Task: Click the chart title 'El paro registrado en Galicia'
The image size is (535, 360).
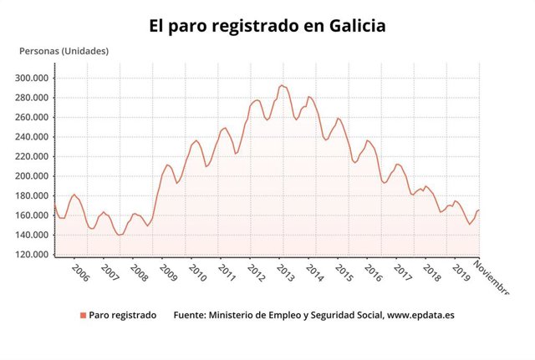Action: coord(267,26)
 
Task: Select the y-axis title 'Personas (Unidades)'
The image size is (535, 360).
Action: coord(64,51)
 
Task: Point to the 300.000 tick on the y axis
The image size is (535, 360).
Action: coord(33,78)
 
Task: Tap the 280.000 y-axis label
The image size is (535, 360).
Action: coord(33,98)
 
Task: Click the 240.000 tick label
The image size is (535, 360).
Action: coord(33,137)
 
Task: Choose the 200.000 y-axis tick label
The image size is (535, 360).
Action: coord(33,176)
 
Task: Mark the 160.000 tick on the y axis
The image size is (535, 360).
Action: coord(33,215)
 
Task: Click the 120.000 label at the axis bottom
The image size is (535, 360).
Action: coord(33,254)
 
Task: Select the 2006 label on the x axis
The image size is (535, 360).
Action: coord(79,273)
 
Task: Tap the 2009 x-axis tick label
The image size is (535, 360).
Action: coord(167,273)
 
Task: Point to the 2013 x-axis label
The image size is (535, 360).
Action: coord(285,273)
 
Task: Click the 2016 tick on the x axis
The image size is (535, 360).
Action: coord(373,273)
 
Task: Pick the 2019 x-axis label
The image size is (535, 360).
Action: coord(461,273)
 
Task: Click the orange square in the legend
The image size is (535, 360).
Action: coord(83,316)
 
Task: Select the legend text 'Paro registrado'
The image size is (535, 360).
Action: coord(122,316)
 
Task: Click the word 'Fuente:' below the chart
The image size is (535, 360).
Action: coord(191,316)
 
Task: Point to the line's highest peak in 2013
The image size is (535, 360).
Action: coord(282,85)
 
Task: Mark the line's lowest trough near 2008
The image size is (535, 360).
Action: coord(120,235)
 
